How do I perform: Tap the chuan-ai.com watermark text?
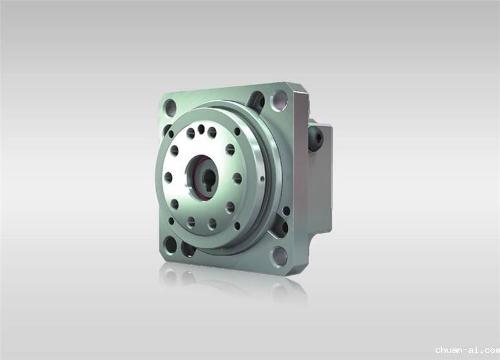point(467,350)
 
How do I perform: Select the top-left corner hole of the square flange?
point(170,107)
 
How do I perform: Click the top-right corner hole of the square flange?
point(279,99)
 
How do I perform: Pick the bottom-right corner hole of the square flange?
point(279,256)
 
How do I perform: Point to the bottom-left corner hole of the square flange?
point(170,245)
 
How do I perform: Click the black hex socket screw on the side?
point(317,140)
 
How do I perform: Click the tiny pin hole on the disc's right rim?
point(262,179)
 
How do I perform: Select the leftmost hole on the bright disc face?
point(168,178)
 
